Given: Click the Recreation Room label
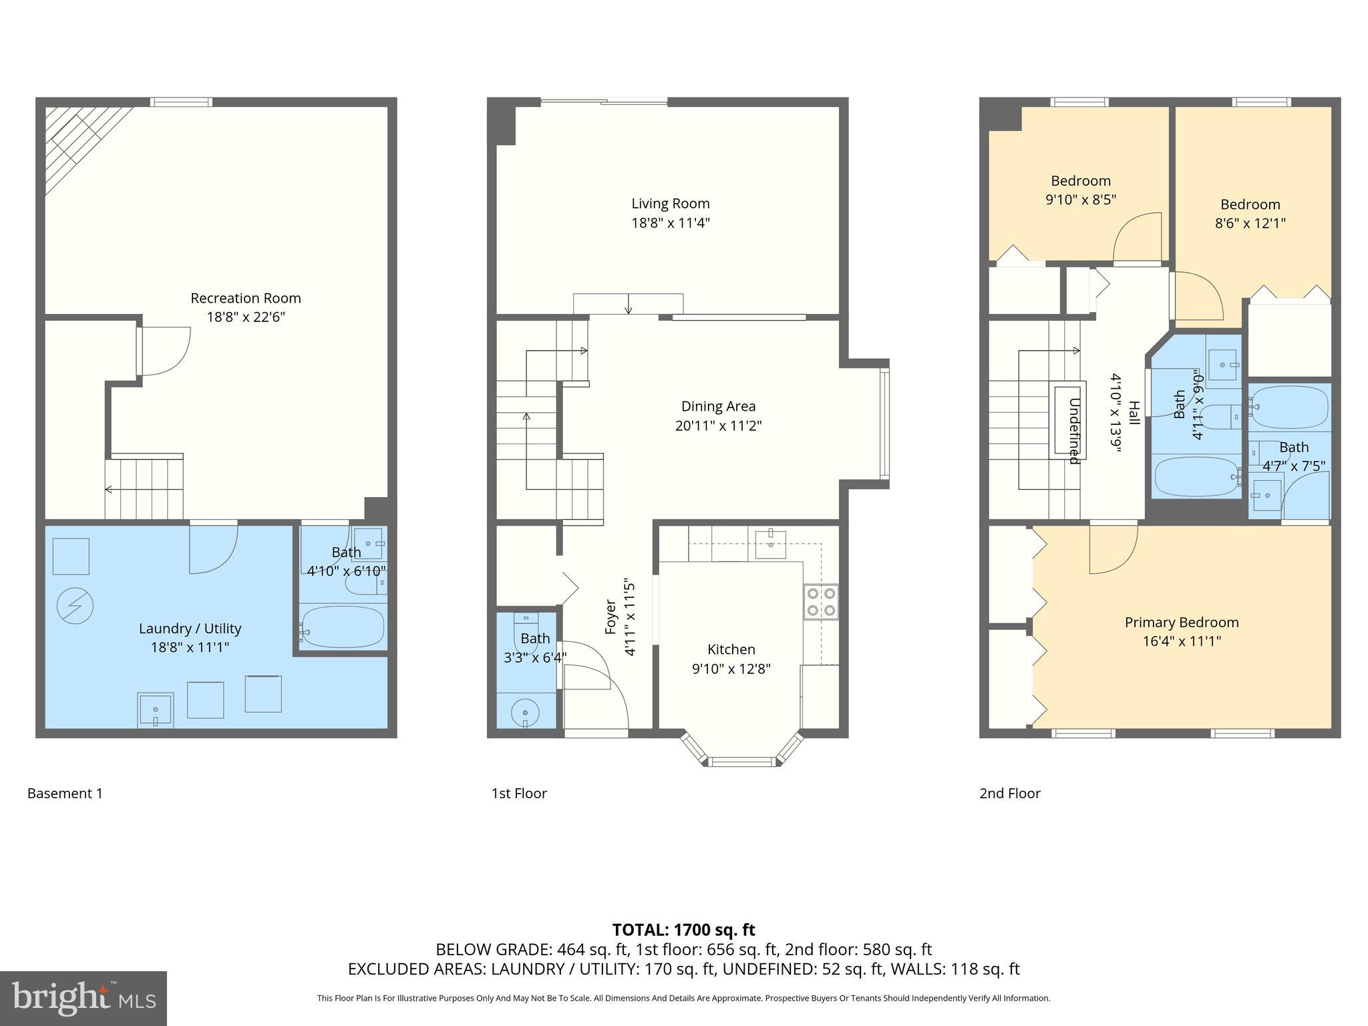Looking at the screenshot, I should (x=246, y=298).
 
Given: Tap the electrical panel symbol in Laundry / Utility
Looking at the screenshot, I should (x=75, y=606).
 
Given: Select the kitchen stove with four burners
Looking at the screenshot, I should (x=821, y=601).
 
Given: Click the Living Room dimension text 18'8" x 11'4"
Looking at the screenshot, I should (x=671, y=222).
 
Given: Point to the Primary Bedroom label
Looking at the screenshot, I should (x=1181, y=622).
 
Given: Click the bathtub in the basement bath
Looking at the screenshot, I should (x=342, y=627).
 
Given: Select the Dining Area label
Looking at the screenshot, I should (x=718, y=405).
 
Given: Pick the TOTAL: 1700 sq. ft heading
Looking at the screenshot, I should (x=683, y=929).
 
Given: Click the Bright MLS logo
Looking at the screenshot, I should (x=83, y=998).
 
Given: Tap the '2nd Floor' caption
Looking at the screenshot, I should (x=1009, y=793).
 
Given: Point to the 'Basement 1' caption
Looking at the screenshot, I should (x=65, y=793).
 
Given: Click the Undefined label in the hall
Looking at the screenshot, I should (x=1073, y=431).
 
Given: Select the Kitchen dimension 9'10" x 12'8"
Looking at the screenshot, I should (x=731, y=669).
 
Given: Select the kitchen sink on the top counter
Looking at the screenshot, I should (x=770, y=540).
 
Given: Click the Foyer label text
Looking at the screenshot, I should (x=610, y=617).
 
